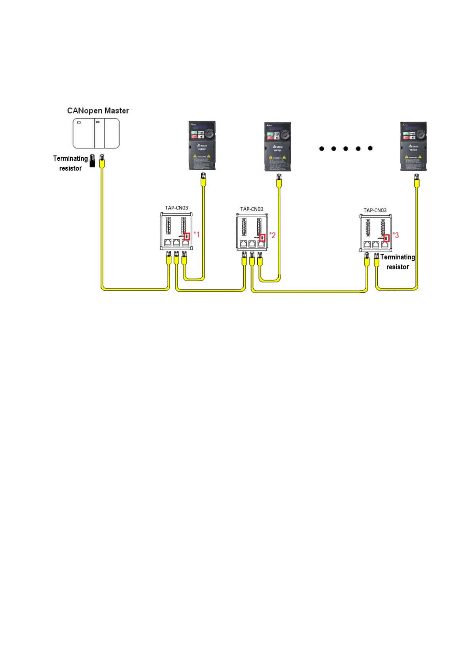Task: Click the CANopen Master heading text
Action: point(98,111)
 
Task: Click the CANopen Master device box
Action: point(96,133)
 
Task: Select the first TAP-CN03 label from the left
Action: point(176,208)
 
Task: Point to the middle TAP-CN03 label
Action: point(252,209)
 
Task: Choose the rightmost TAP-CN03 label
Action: point(375,210)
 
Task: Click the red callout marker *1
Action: point(196,234)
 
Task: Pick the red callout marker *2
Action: point(272,235)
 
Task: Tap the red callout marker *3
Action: point(396,235)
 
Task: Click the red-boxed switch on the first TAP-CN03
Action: point(187,236)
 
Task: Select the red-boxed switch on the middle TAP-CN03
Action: point(262,238)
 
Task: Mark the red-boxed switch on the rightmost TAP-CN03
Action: point(386,238)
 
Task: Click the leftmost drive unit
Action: point(202,146)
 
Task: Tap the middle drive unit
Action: point(277,147)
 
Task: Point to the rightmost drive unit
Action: point(413,146)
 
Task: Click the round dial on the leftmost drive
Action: point(210,134)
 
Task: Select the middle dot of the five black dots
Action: point(346,149)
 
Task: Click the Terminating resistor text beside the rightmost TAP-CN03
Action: point(397,262)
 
